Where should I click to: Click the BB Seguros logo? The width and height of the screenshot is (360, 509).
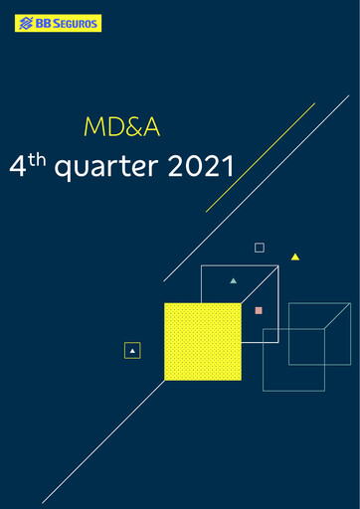(58, 23)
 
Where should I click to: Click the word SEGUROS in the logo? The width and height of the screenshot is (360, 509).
(76, 23)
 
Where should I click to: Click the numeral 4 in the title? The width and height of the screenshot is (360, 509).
(17, 166)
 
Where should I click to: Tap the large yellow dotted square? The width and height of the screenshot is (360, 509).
(202, 341)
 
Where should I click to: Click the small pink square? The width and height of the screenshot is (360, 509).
(259, 310)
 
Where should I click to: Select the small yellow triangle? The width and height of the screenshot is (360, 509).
(295, 256)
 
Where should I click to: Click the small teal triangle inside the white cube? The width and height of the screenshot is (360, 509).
(234, 280)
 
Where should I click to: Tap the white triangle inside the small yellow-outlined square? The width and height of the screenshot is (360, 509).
(132, 350)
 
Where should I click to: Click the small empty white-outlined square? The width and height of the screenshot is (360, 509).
(260, 247)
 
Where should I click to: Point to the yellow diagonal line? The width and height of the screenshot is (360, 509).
(261, 157)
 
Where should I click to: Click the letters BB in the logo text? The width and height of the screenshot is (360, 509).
(43, 23)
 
